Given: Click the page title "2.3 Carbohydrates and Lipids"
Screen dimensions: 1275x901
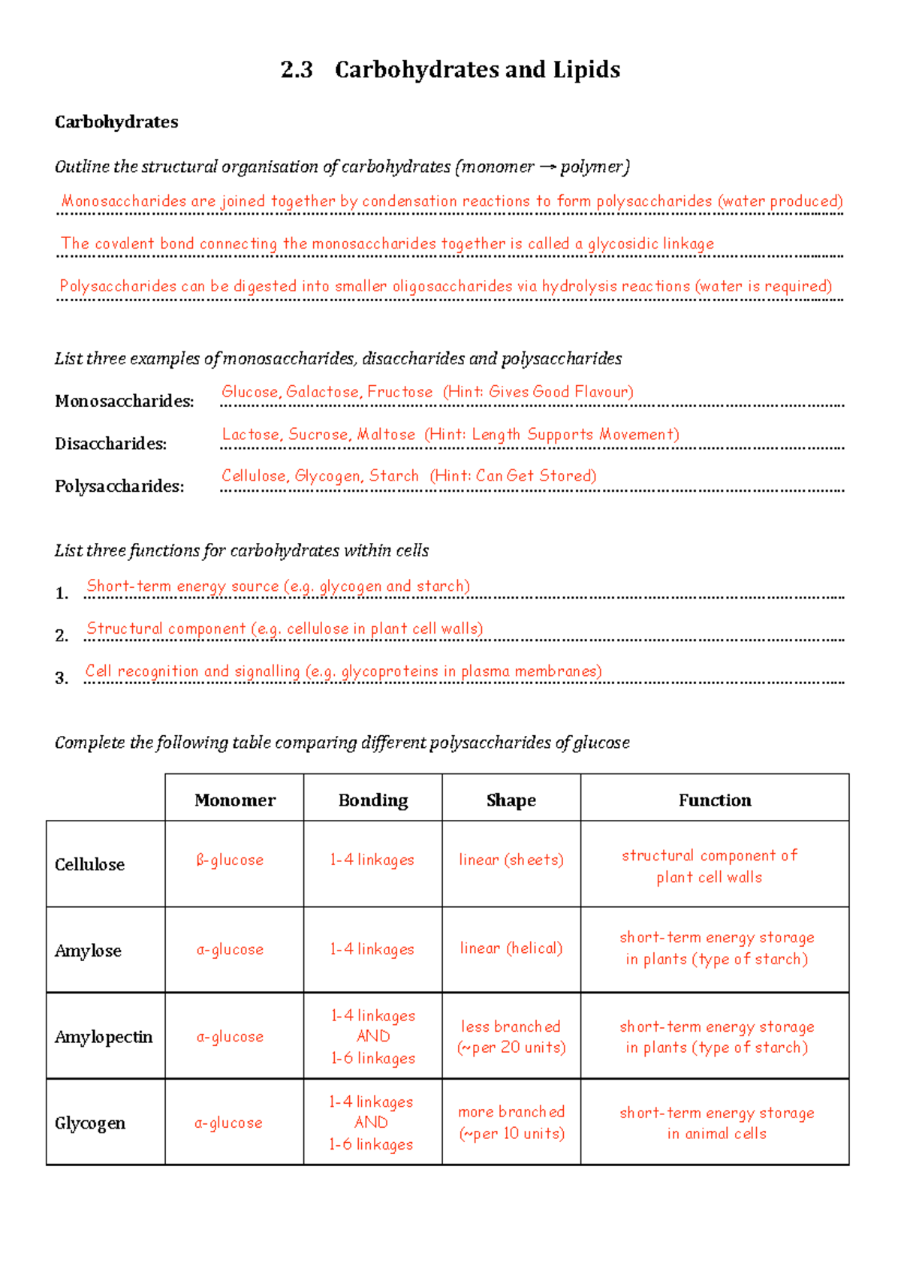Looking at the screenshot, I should [450, 70].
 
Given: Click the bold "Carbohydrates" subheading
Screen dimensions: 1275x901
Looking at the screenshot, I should [116, 122].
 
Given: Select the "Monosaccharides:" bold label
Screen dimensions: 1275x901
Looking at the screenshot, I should [124, 402].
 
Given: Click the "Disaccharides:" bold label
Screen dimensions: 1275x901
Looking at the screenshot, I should [110, 444].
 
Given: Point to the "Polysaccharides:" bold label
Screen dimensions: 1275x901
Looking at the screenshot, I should [119, 487].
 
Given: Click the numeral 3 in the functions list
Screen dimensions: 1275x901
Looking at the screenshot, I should [61, 678].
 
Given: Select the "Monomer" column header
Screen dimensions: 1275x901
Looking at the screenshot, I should [234, 800].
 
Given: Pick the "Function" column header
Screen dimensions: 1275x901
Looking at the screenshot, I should [714, 800].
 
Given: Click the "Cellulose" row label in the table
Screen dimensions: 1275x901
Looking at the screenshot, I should [89, 864].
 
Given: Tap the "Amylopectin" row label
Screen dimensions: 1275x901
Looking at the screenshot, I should [103, 1037].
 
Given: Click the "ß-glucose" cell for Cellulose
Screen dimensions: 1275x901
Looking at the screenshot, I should [230, 861].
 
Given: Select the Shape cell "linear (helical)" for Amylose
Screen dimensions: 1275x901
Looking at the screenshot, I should [511, 948].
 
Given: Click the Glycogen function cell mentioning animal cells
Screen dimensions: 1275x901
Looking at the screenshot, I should [716, 1123].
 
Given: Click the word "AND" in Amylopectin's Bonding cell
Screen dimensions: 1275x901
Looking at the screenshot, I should [373, 1036].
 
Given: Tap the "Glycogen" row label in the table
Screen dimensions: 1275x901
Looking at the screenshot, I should [89, 1123].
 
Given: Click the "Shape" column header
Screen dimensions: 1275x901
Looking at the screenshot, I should [511, 800].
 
